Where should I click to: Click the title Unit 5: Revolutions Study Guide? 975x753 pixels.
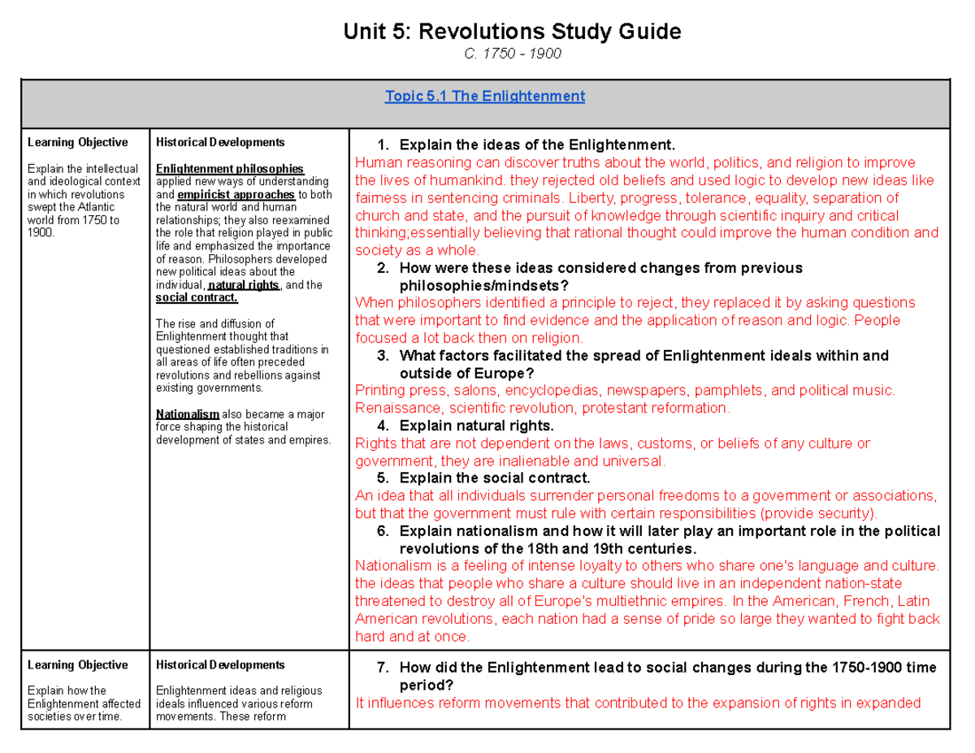click(512, 32)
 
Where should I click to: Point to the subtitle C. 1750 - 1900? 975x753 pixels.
click(512, 54)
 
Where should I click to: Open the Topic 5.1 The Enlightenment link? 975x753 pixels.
click(485, 96)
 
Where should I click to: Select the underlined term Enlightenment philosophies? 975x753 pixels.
click(229, 169)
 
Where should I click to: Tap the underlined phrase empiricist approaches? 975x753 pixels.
click(236, 195)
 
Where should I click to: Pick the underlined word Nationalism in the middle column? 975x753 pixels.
click(187, 414)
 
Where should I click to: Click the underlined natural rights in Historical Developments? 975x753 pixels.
click(244, 285)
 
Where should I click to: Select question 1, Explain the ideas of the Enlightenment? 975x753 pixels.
click(537, 145)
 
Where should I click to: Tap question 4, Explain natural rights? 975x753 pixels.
click(477, 426)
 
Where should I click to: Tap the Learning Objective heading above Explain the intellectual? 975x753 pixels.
click(77, 142)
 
